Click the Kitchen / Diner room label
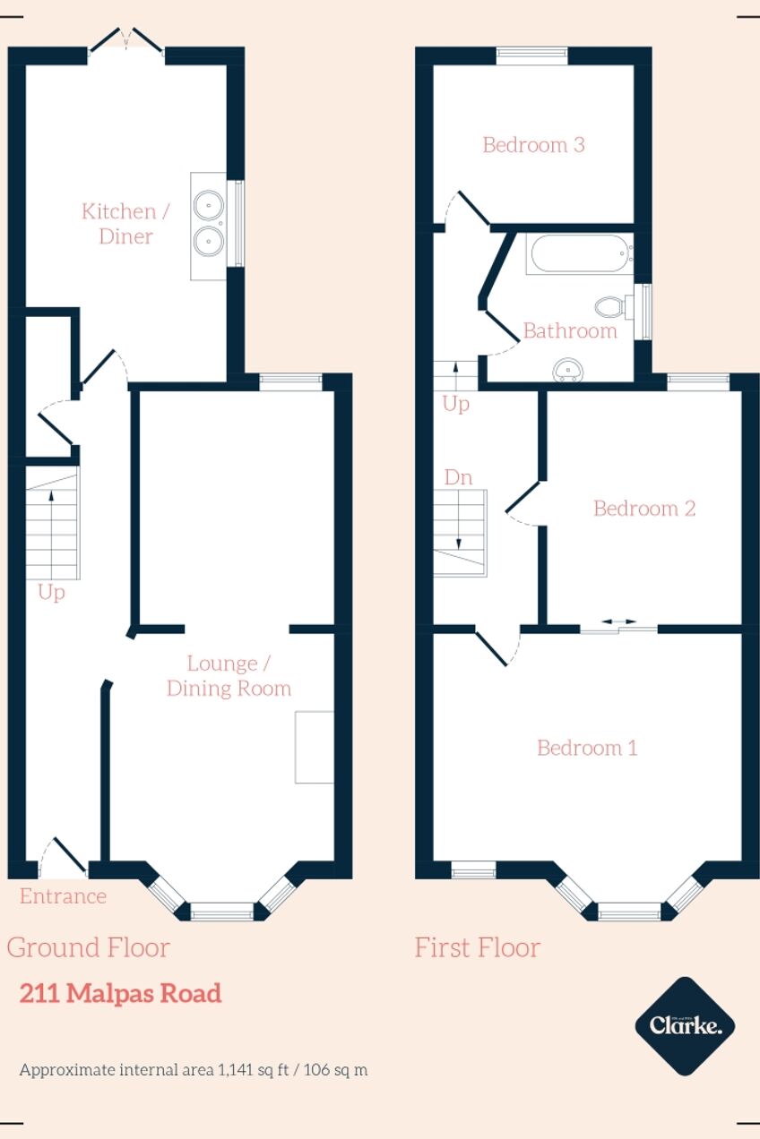click(x=125, y=224)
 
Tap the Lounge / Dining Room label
click(x=229, y=676)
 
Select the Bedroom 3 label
click(x=533, y=145)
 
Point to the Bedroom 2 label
click(x=644, y=509)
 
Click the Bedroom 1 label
click(x=587, y=748)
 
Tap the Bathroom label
click(x=570, y=331)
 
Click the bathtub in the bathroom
click(x=580, y=253)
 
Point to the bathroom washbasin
click(x=566, y=370)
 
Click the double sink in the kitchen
click(x=209, y=227)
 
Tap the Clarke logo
click(x=686, y=1026)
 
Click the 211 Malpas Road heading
click(x=121, y=993)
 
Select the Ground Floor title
click(x=88, y=947)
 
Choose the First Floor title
click(x=478, y=947)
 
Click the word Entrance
click(x=63, y=896)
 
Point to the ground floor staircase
click(x=53, y=523)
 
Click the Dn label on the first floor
click(x=458, y=477)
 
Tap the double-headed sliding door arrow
click(x=619, y=621)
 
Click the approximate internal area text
click(x=194, y=1070)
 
